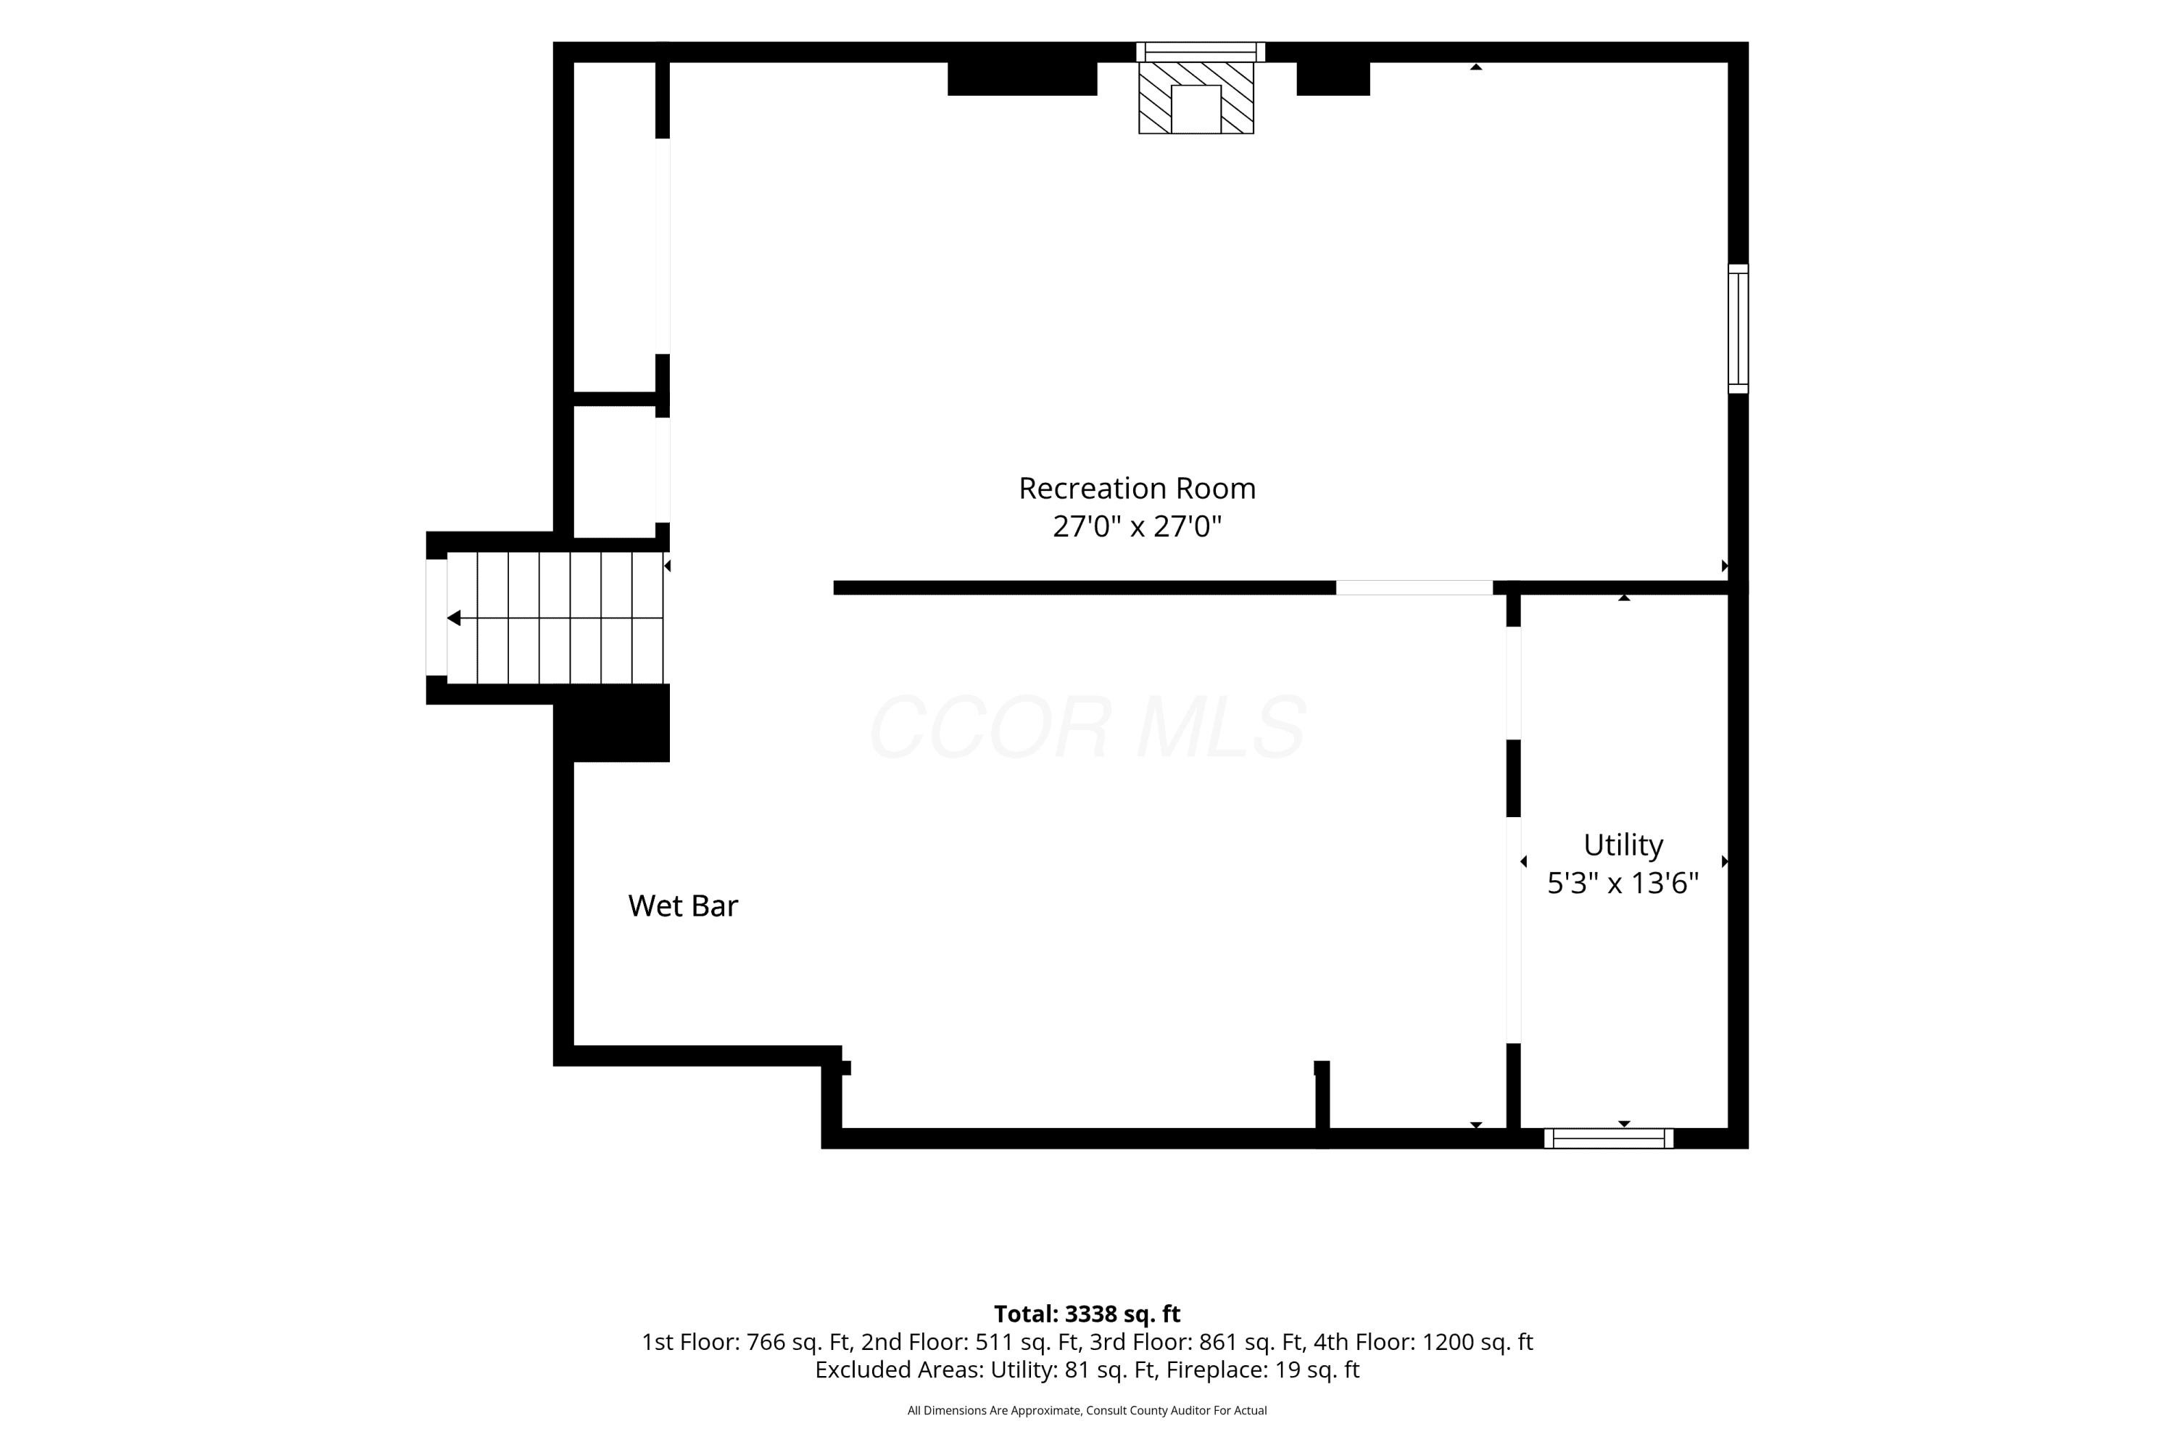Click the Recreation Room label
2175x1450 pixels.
(1137, 488)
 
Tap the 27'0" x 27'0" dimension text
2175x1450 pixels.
(1137, 526)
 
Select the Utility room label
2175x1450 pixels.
(1623, 845)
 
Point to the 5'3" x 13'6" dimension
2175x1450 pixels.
(1623, 883)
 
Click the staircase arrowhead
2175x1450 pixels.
(454, 618)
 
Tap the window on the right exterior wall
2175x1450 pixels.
(1739, 329)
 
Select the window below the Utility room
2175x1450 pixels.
(1608, 1138)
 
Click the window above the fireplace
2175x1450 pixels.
(1201, 51)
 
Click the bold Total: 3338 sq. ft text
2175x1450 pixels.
(1087, 1313)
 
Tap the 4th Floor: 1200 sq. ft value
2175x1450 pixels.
(1423, 1342)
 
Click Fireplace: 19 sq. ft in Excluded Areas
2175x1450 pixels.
(1262, 1370)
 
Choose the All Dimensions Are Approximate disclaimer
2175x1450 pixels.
(1087, 1410)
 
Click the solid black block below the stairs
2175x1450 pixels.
(611, 723)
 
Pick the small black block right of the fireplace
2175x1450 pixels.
(1333, 78)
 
